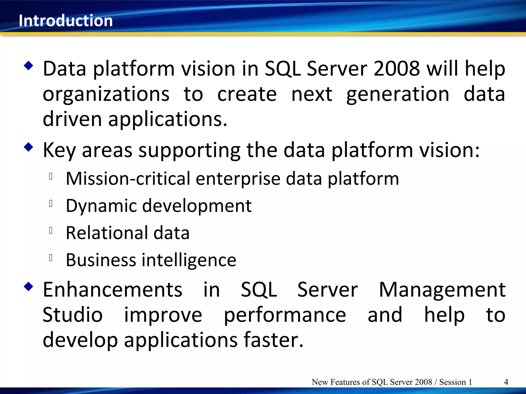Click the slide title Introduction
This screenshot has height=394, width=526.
click(66, 21)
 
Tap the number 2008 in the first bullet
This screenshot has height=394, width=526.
click(397, 68)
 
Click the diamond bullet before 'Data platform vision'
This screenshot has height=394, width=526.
click(29, 66)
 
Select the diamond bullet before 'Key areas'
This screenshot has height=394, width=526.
click(29, 147)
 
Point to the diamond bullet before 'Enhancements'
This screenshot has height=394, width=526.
click(29, 287)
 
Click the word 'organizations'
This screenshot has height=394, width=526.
click(106, 94)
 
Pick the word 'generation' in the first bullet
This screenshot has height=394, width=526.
click(398, 94)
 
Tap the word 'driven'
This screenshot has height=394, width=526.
click(72, 119)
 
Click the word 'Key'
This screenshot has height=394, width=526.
click(59, 150)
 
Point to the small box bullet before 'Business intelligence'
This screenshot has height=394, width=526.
click(51, 258)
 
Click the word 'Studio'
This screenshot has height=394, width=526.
click(72, 315)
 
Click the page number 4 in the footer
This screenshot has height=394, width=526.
click(506, 382)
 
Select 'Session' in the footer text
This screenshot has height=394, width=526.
click(452, 382)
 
